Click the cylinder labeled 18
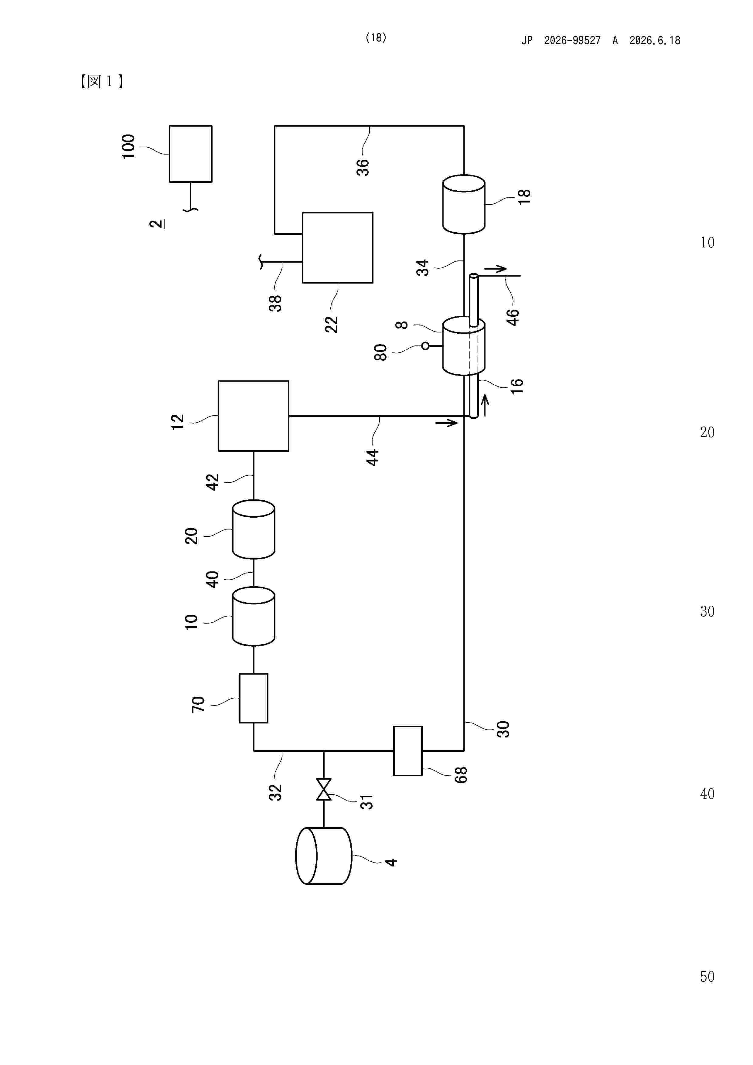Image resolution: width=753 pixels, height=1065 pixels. (464, 204)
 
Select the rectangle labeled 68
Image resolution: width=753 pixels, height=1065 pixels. (408, 750)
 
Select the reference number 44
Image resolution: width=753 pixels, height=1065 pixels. (373, 457)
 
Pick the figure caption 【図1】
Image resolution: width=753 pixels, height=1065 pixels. (102, 82)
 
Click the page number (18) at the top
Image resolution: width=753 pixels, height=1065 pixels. (376, 38)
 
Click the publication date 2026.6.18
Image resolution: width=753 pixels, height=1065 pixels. (655, 40)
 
